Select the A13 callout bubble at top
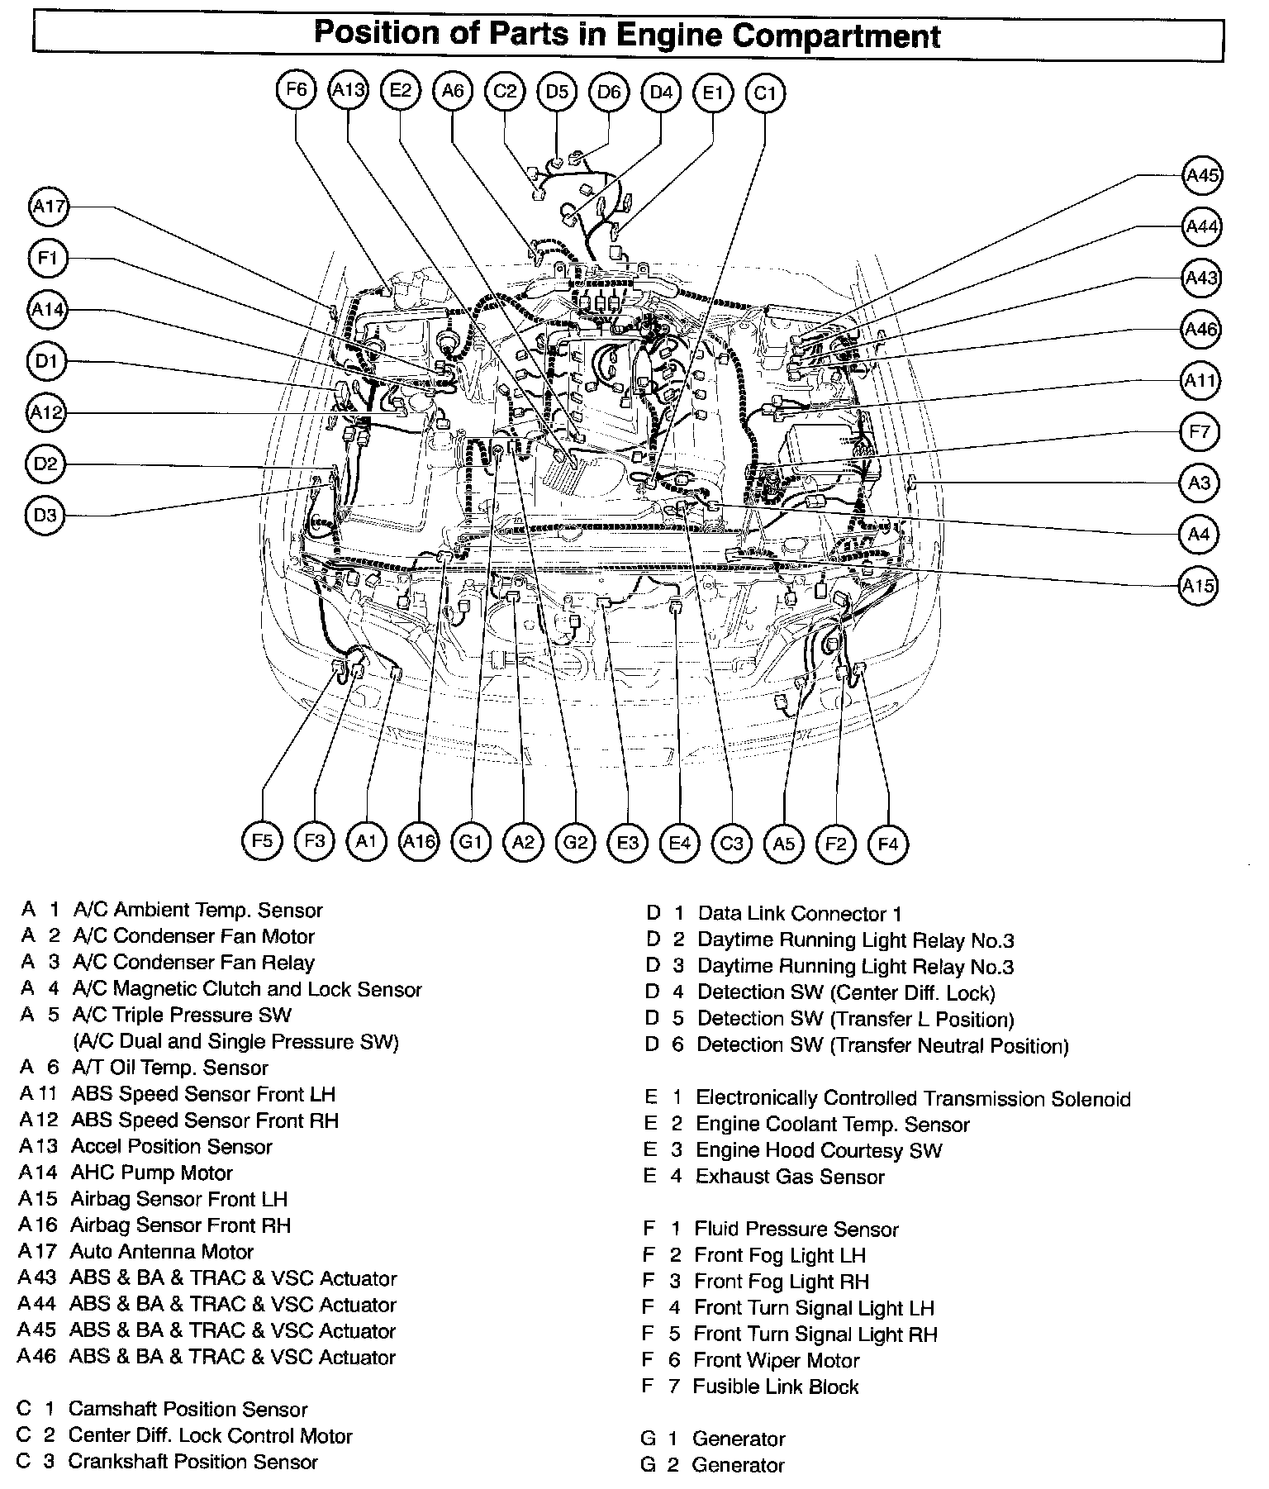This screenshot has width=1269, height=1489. (348, 90)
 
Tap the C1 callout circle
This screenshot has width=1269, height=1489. (765, 93)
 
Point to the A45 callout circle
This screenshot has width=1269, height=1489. (1202, 175)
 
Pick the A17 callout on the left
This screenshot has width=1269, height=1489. (49, 207)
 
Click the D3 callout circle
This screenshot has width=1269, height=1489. (45, 516)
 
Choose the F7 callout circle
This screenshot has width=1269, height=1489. (1200, 431)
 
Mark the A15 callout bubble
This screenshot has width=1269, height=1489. (1198, 586)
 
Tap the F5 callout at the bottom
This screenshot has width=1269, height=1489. (262, 841)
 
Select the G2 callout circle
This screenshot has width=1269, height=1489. (575, 843)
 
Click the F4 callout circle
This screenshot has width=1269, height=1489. (888, 844)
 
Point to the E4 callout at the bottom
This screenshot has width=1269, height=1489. (679, 843)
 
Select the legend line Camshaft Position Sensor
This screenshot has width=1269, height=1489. (188, 1410)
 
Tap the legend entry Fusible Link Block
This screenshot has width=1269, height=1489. (775, 1387)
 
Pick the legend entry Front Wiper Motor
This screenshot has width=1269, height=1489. (776, 1361)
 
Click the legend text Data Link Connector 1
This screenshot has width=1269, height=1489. (799, 914)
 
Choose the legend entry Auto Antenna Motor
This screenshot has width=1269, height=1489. (161, 1252)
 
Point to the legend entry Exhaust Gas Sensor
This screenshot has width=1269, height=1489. (789, 1177)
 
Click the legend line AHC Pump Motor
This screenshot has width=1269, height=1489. (151, 1173)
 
